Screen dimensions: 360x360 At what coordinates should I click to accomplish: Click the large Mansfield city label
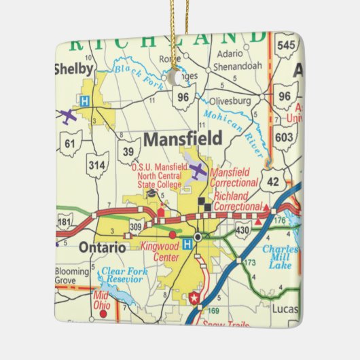click(x=182, y=139)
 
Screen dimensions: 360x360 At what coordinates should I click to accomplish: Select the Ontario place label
click(x=102, y=248)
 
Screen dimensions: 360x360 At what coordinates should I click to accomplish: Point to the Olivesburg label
click(x=231, y=101)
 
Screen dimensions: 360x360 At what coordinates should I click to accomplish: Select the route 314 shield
click(x=98, y=165)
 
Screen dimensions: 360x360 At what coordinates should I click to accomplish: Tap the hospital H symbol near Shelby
click(x=84, y=101)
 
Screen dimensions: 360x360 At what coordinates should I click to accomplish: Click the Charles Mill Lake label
click(x=281, y=257)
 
